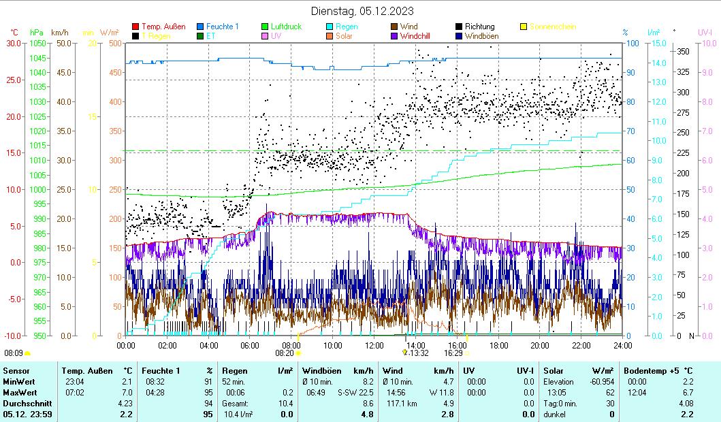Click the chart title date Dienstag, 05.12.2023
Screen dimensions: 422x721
pos(362,11)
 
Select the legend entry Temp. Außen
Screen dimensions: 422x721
pos(163,27)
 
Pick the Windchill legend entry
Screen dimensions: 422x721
pos(418,36)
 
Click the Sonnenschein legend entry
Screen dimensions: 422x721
pos(552,27)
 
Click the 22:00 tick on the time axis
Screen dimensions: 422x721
pos(581,345)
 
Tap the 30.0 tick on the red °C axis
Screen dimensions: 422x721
pos(13,43)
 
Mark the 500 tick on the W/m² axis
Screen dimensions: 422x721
pos(115,43)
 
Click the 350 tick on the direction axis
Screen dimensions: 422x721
pos(684,51)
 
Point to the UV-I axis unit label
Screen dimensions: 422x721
pos(705,32)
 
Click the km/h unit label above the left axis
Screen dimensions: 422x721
pos(60,32)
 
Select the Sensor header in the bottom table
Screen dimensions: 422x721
pos(16,370)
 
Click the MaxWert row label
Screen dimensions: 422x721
pos(19,393)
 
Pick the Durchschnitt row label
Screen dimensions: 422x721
pos(25,403)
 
